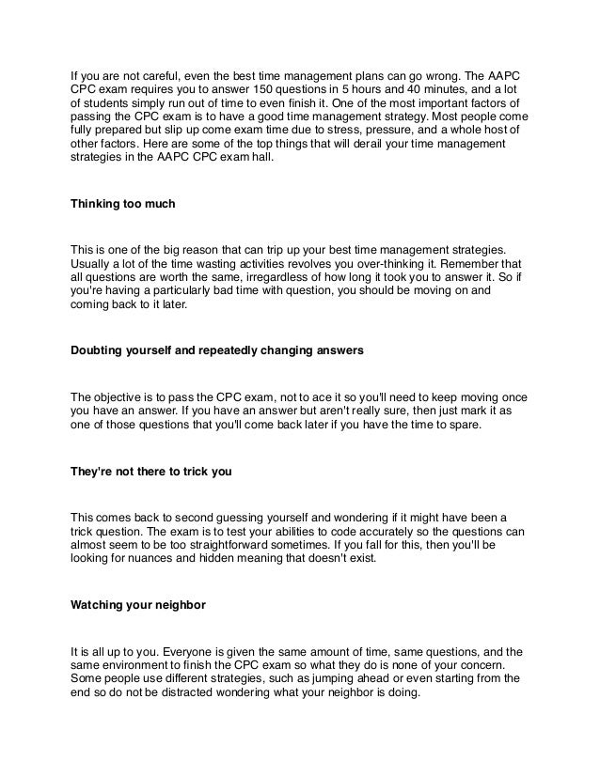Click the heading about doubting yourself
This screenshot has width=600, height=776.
(217, 353)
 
